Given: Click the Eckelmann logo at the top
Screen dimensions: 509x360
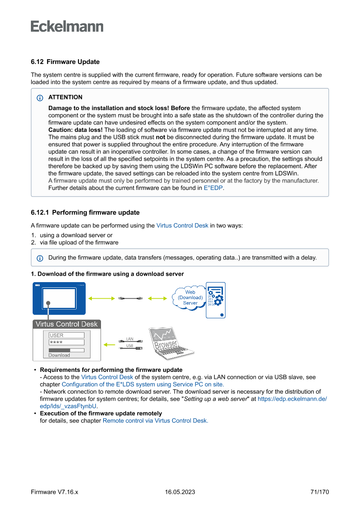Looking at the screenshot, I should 67,27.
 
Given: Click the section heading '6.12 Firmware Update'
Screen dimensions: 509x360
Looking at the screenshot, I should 65,62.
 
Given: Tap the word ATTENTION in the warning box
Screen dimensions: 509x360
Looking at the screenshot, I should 65,97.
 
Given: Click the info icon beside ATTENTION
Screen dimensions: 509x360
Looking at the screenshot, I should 40,98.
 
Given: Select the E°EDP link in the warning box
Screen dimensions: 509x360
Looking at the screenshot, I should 213,188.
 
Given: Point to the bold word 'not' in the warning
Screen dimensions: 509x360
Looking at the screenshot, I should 161,137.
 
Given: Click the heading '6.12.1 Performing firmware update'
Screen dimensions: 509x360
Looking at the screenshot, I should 85,212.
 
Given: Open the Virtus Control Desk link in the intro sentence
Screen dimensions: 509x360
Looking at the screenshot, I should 182,226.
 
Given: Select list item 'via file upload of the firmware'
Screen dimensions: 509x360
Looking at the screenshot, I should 79,243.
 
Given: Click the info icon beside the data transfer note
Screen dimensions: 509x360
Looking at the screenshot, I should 40,258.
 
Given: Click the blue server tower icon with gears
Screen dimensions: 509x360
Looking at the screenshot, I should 215,300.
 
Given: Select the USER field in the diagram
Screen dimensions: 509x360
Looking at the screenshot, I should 66,335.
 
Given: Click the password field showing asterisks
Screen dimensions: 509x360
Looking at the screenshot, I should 66,343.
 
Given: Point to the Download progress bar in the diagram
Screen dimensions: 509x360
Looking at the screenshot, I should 66,350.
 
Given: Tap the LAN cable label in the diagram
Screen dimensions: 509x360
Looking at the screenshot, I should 130,338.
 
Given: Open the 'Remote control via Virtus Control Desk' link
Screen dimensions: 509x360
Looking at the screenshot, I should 155,421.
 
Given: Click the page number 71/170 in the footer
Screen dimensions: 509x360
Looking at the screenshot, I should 320,492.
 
